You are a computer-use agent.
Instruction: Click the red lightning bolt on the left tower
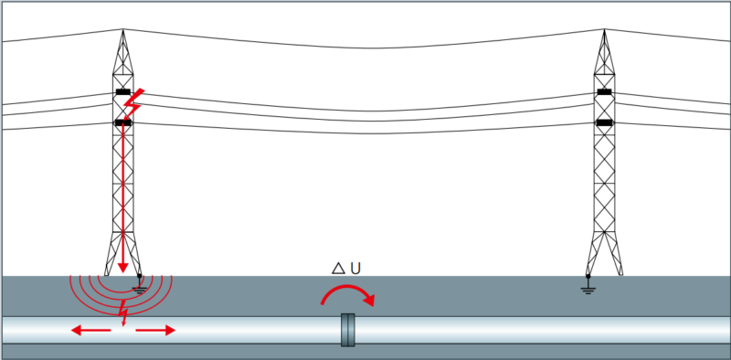(134, 104)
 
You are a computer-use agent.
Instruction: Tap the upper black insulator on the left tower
(123, 92)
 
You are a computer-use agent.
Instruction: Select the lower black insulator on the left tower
(123, 123)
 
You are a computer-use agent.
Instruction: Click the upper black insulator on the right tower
(604, 92)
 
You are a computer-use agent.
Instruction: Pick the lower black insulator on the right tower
(604, 123)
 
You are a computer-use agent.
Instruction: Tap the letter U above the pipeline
(355, 269)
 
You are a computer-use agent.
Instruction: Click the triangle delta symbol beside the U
(338, 268)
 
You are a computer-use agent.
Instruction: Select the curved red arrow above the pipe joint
(346, 287)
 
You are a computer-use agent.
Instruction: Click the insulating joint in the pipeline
(348, 330)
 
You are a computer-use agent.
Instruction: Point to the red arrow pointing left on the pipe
(90, 331)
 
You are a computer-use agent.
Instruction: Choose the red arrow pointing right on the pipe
(155, 331)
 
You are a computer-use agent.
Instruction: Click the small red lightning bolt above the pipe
(123, 312)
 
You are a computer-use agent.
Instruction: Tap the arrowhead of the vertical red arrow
(122, 268)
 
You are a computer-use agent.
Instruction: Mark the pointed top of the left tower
(123, 29)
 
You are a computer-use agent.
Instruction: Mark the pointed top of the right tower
(604, 29)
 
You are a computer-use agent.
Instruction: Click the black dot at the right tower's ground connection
(588, 276)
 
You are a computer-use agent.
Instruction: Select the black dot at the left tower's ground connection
(139, 276)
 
